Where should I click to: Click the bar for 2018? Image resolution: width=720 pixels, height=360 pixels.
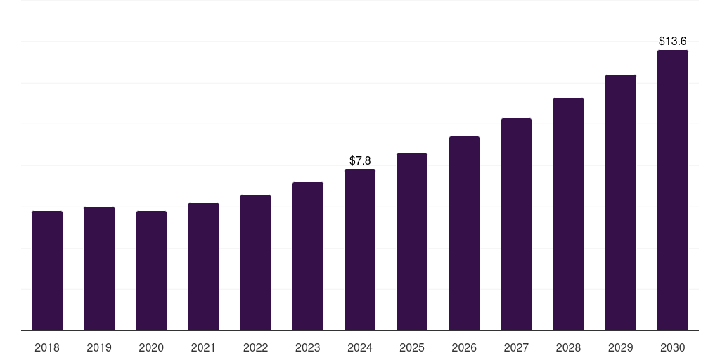tap(47, 271)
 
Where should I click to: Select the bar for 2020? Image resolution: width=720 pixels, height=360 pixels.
tap(151, 271)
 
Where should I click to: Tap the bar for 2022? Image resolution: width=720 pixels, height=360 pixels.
tap(255, 262)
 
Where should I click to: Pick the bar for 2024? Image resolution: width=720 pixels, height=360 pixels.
tap(360, 250)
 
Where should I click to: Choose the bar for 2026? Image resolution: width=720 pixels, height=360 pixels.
tap(464, 233)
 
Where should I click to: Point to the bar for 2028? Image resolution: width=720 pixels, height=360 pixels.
tap(568, 214)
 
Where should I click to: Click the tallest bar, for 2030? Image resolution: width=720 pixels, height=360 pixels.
tap(673, 190)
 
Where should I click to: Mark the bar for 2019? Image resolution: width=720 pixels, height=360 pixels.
tap(99, 269)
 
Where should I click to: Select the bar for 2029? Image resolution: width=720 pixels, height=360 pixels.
tap(621, 202)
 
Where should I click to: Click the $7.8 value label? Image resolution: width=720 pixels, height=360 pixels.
tap(360, 161)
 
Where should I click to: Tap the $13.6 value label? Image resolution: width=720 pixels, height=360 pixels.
tap(673, 41)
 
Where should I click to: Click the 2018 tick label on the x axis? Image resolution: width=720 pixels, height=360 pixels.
tap(47, 347)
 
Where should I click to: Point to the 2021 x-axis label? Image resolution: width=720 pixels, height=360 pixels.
tap(203, 347)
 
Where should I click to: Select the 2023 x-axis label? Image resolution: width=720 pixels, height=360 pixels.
tap(307, 347)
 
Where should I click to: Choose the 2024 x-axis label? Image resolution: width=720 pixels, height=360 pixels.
tap(360, 347)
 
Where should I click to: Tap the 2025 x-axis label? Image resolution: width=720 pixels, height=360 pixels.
tap(412, 347)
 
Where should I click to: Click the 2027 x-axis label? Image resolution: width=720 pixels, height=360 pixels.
tap(516, 347)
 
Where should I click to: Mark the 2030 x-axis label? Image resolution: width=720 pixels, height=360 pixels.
tap(673, 347)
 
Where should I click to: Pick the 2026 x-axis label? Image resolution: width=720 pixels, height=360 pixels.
tap(464, 347)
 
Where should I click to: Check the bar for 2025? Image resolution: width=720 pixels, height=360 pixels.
tap(412, 242)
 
